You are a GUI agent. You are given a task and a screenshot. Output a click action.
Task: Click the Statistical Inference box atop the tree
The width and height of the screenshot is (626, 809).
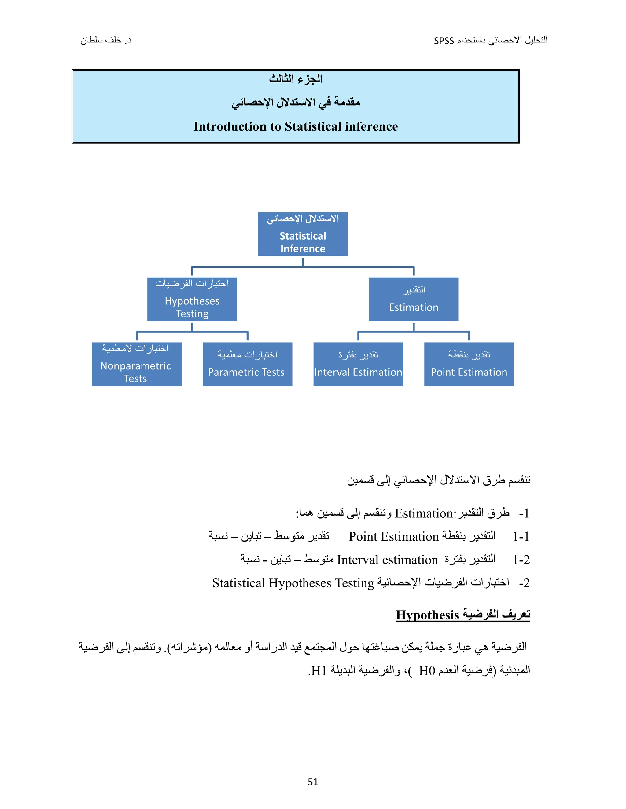pyautogui.click(x=303, y=234)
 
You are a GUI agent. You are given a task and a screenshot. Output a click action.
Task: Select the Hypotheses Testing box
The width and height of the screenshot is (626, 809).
pyautogui.click(x=192, y=299)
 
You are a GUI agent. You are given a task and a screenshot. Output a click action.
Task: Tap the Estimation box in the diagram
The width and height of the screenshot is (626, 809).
pyautogui.click(x=414, y=299)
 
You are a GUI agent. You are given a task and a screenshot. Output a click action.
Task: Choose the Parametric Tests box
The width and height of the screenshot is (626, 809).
pyautogui.click(x=247, y=364)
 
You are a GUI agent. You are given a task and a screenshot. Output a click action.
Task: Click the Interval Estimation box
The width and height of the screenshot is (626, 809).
pyautogui.click(x=358, y=364)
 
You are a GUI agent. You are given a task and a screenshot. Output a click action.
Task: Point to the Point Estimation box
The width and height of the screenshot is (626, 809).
pyautogui.click(x=469, y=364)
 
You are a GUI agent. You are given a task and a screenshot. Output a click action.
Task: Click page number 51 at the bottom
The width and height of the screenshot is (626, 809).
pyautogui.click(x=313, y=782)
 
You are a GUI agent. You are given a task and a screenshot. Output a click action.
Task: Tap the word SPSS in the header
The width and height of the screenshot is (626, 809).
pyautogui.click(x=444, y=41)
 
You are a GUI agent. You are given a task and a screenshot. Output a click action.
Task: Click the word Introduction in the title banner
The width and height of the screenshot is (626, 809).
pyautogui.click(x=230, y=127)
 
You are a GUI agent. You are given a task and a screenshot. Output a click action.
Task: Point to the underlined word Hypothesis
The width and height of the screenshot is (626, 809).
pyautogui.click(x=427, y=615)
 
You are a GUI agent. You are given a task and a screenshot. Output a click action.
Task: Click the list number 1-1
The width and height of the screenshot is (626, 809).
pyautogui.click(x=521, y=536)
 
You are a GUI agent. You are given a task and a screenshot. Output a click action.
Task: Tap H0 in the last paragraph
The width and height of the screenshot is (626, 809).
pyautogui.click(x=426, y=670)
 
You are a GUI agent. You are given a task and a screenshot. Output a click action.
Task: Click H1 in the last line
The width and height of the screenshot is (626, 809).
pyautogui.click(x=319, y=670)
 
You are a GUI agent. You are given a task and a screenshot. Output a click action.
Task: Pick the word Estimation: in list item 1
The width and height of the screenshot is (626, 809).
pyautogui.click(x=425, y=513)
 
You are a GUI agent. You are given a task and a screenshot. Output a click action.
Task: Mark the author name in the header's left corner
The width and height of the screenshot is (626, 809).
pyautogui.click(x=106, y=40)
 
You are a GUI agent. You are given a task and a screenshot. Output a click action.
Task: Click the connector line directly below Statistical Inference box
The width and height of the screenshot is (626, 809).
pyautogui.click(x=303, y=262)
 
